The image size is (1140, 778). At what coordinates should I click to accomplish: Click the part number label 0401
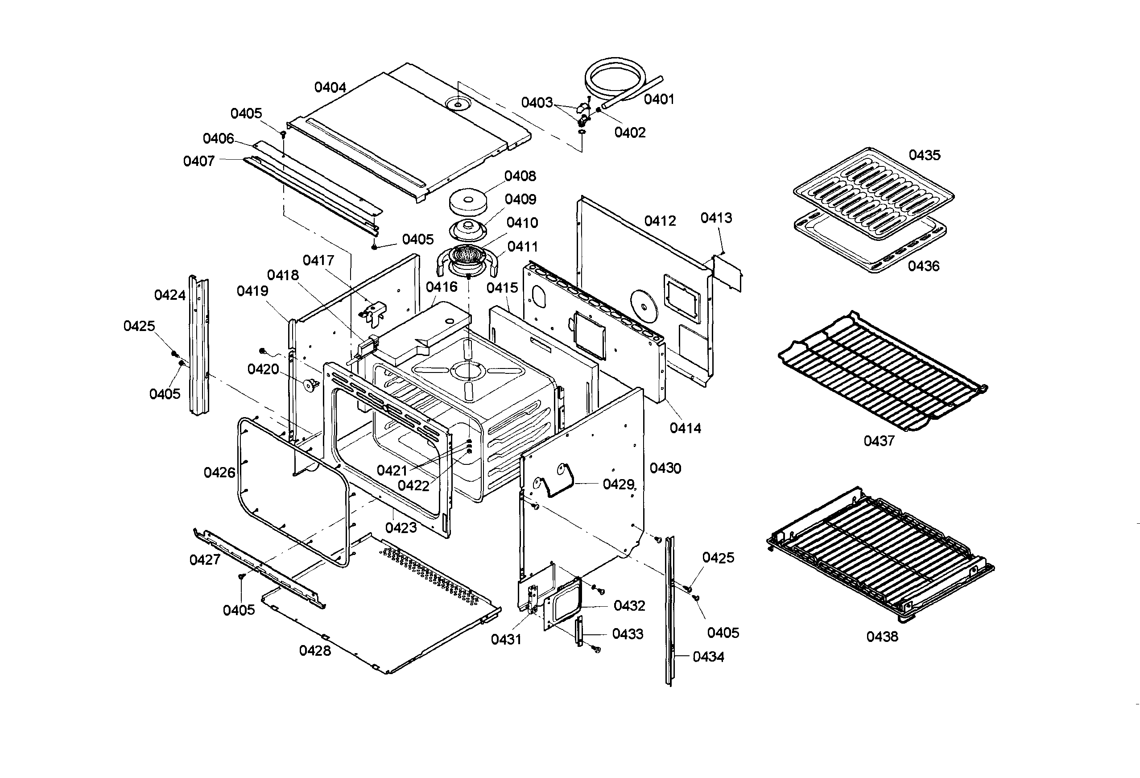tap(659, 99)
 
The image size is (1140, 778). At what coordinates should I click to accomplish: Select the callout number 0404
tap(330, 87)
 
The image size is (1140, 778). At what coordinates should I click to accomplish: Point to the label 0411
tap(522, 246)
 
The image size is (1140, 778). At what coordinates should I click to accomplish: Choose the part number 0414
tap(685, 428)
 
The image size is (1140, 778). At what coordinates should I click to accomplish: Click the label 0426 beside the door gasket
tap(219, 472)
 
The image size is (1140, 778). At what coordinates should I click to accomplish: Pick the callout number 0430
tap(665, 468)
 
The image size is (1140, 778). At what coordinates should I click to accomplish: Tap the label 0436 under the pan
tap(923, 266)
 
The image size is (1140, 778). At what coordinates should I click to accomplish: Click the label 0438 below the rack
tap(882, 637)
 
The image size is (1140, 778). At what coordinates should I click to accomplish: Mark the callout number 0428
tap(315, 650)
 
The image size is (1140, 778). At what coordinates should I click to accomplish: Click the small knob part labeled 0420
tap(310, 385)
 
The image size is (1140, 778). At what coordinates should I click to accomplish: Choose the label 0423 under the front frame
tap(401, 528)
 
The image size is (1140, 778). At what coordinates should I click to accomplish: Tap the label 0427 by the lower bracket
tap(205, 560)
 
